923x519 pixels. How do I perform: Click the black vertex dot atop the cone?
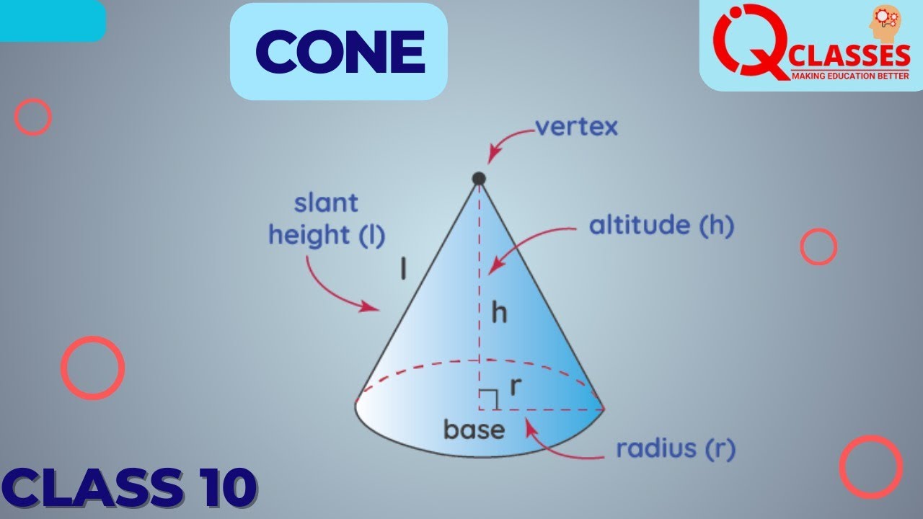point(478,178)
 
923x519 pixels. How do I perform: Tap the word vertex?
point(576,128)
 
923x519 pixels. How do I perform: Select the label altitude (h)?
point(661,226)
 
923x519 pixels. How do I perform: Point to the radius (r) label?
point(675,449)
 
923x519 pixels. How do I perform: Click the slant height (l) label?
point(327,219)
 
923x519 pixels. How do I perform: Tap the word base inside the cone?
point(474,430)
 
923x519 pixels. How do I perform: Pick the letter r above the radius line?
point(515,387)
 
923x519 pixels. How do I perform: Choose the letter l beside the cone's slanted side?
point(404,269)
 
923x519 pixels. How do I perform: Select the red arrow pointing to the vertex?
point(510,142)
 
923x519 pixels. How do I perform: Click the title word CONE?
point(339,52)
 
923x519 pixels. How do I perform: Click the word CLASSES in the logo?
point(851,55)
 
